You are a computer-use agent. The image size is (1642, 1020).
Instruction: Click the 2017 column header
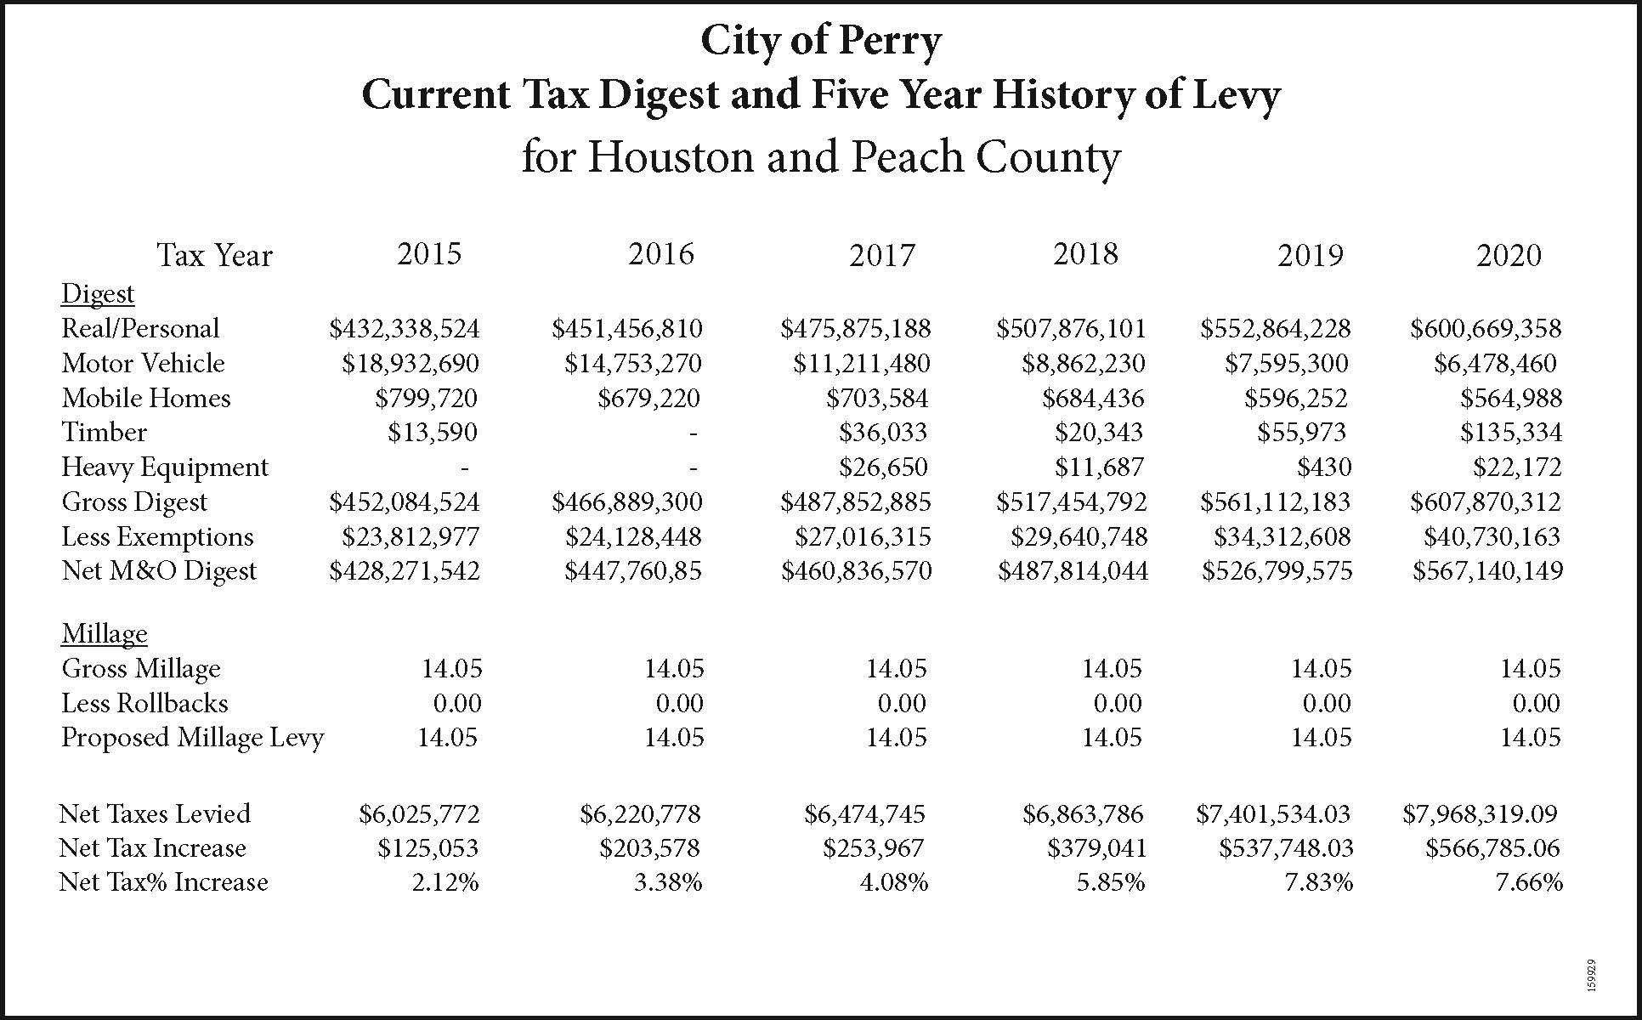[x=881, y=255]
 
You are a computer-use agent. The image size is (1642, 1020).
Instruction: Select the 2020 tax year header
[x=1509, y=255]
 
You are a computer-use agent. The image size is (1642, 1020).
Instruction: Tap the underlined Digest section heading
[x=98, y=293]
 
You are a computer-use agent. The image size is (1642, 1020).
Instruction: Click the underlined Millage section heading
[x=104, y=633]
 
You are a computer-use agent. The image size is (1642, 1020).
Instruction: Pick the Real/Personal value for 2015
[x=405, y=328]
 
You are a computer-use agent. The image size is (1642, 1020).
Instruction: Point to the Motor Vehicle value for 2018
[x=1084, y=364]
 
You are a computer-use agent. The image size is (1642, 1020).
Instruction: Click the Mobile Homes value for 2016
[x=648, y=398]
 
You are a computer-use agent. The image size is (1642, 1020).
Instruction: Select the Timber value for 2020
[x=1511, y=433]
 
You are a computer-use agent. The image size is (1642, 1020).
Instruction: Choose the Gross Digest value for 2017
[x=856, y=501]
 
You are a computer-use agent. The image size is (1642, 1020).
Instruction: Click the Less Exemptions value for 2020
[x=1492, y=536]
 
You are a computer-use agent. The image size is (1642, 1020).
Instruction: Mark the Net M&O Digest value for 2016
[x=633, y=570]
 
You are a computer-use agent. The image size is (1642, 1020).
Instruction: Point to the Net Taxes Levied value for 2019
[x=1273, y=814]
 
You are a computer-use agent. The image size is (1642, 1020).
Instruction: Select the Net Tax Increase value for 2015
[x=428, y=848]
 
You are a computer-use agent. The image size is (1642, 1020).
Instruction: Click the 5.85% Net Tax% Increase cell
[x=1110, y=882]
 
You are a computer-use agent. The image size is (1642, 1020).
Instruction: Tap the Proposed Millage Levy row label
[x=192, y=737]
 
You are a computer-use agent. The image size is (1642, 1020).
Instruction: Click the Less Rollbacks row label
[x=144, y=703]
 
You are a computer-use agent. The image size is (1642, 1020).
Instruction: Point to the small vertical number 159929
[x=1591, y=975]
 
